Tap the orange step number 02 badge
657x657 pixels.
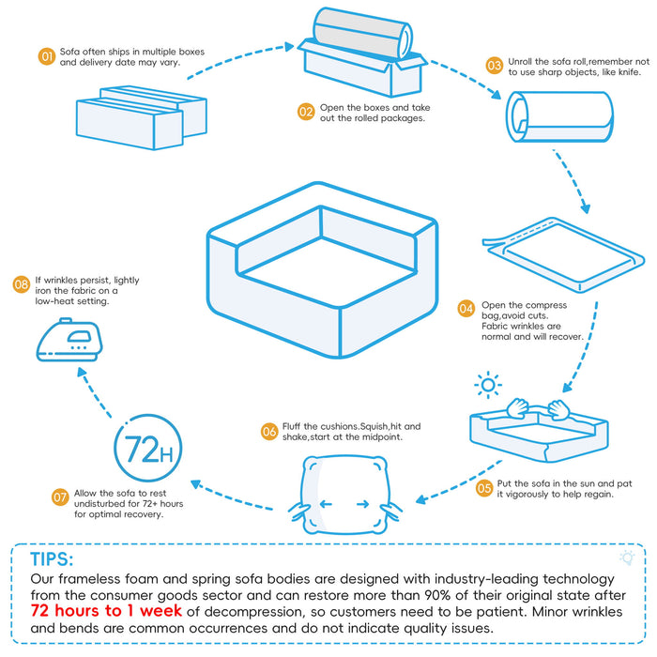click(306, 112)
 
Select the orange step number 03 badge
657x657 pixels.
click(494, 65)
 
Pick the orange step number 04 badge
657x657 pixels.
click(466, 308)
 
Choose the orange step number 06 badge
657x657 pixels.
click(269, 432)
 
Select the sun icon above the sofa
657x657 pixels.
click(487, 385)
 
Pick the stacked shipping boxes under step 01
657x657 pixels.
click(141, 118)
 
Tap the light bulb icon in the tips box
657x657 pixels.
click(628, 557)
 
